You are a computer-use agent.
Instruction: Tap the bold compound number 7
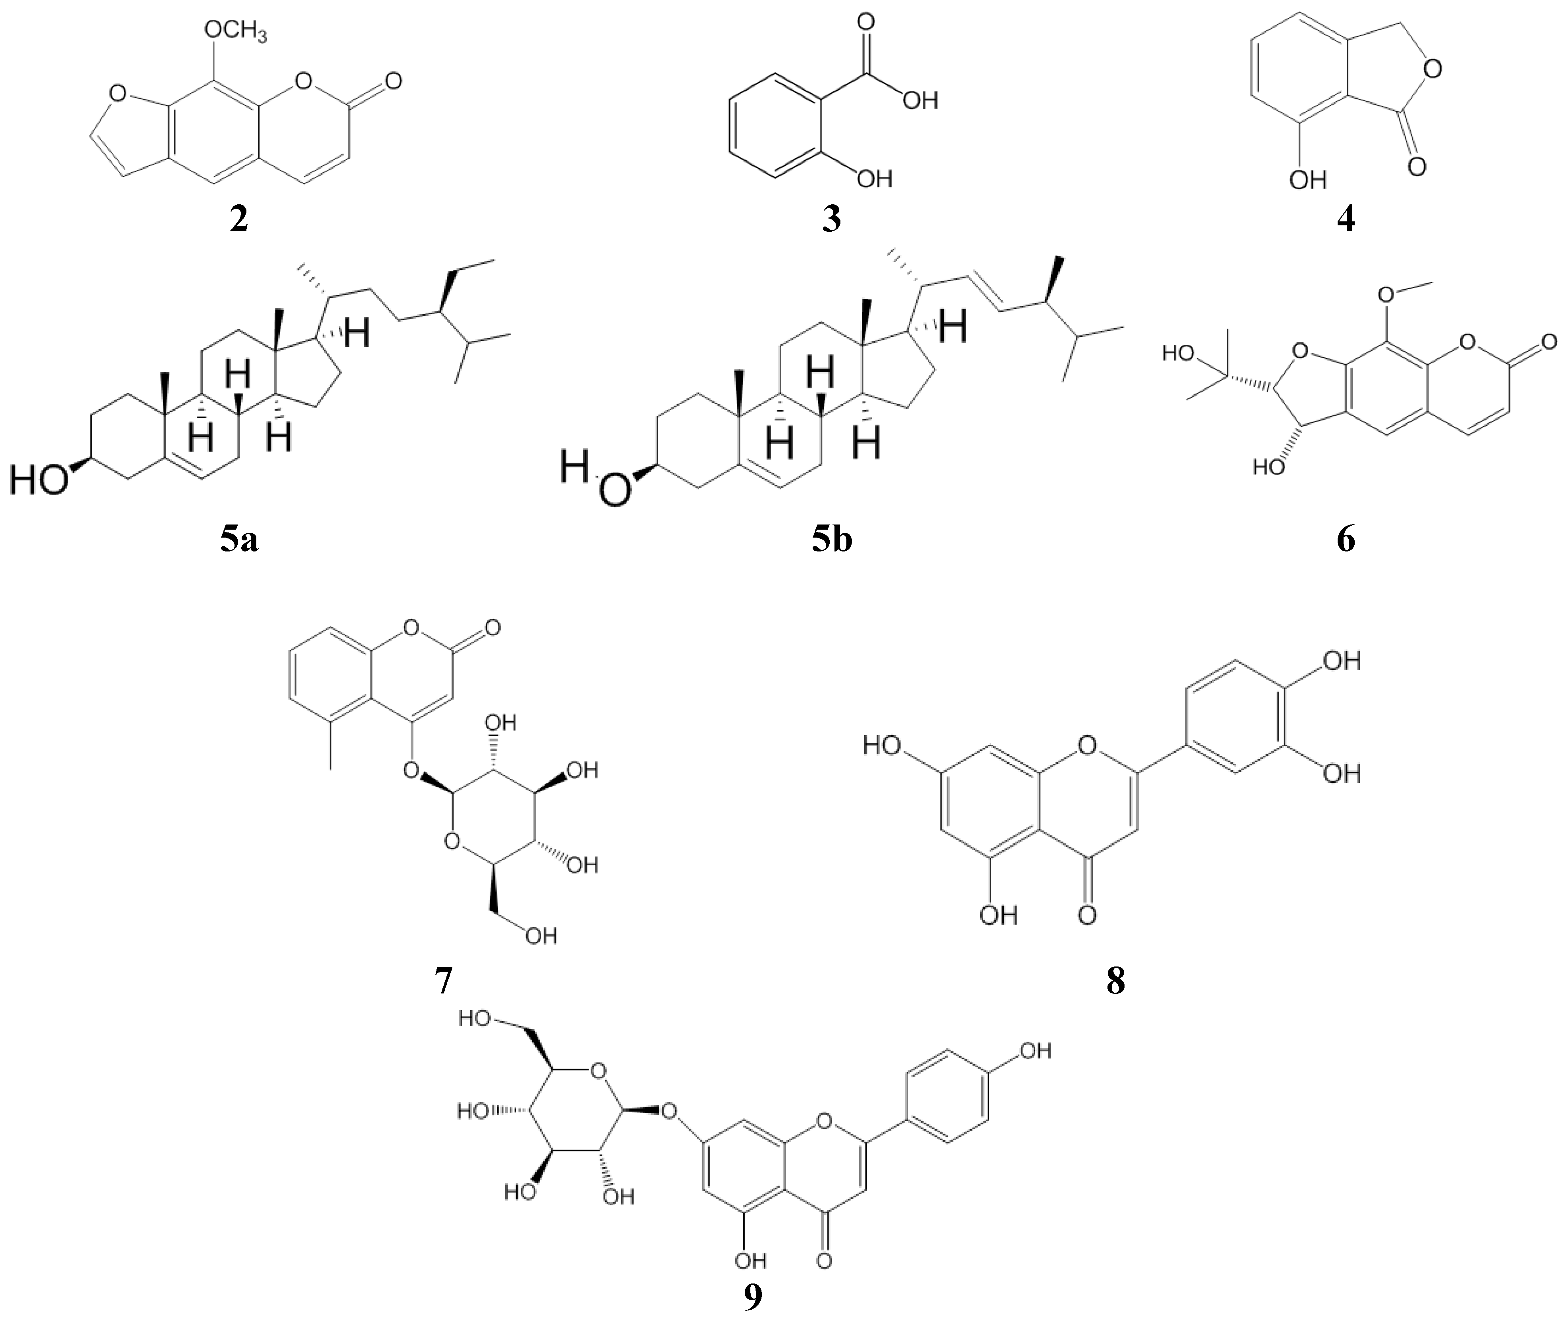tap(443, 981)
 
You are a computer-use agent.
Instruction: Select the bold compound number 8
tap(1115, 981)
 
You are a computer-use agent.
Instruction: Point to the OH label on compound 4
tap(1307, 179)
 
